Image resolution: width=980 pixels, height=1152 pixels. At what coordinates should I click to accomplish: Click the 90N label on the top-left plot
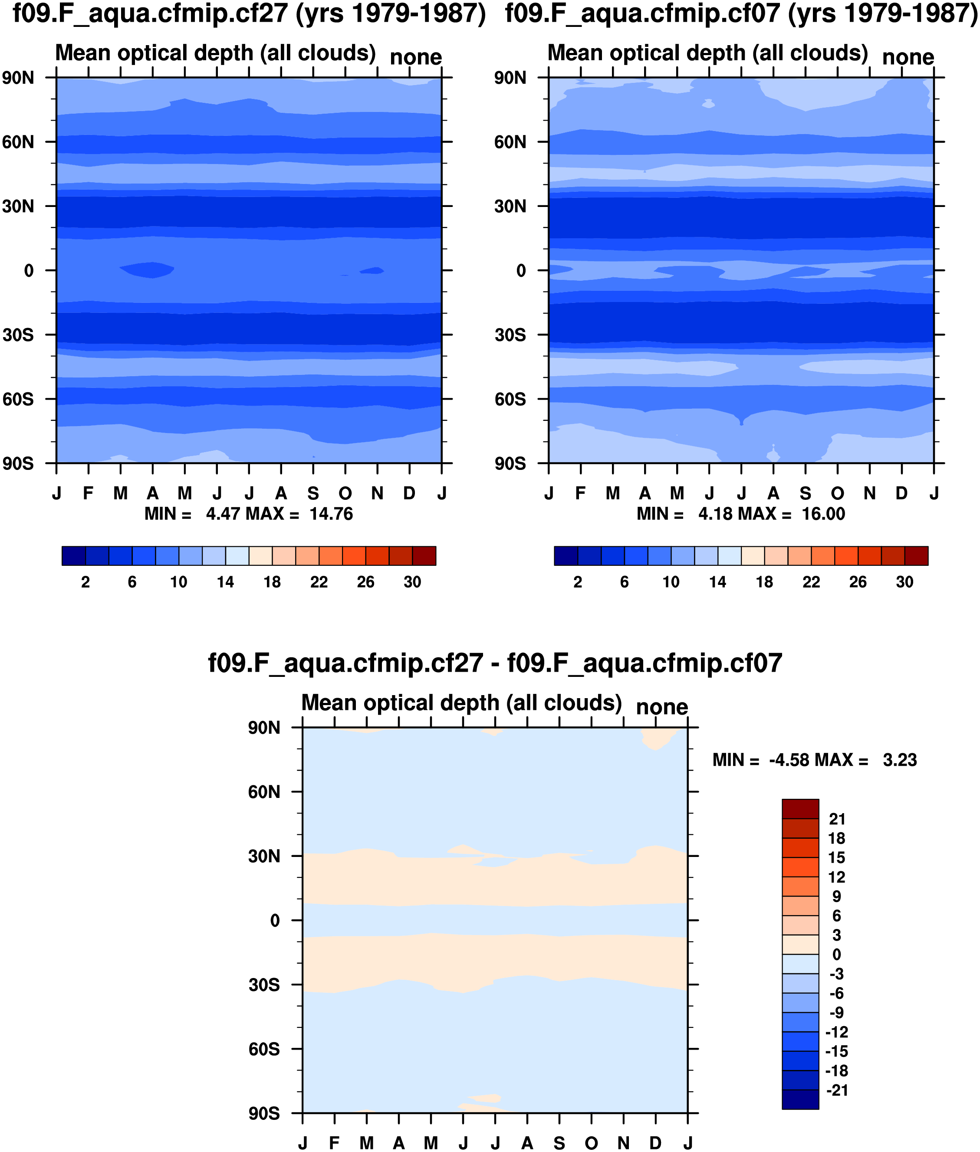[x=18, y=78]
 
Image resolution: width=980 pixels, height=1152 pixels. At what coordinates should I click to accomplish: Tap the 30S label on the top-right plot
[x=510, y=335]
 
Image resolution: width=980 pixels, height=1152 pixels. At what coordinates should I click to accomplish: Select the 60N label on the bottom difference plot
[x=264, y=791]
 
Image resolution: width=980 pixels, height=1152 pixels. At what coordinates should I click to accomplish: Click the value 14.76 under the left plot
[x=331, y=514]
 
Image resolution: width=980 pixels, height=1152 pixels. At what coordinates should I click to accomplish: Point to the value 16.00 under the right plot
[x=823, y=514]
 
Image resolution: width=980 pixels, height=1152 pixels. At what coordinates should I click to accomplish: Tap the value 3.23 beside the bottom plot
[x=899, y=760]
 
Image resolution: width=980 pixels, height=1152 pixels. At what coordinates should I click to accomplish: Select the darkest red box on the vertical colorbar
[x=800, y=809]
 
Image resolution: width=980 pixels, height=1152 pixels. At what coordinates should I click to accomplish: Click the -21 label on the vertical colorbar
[x=837, y=1090]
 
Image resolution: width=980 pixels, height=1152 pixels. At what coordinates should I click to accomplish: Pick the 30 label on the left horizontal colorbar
[x=412, y=582]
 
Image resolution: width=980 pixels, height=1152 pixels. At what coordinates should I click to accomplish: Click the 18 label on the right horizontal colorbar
[x=764, y=582]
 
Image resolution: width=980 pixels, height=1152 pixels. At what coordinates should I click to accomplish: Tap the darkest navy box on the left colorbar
[x=74, y=556]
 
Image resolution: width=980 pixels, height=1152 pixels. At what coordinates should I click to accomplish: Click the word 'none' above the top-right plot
[x=908, y=57]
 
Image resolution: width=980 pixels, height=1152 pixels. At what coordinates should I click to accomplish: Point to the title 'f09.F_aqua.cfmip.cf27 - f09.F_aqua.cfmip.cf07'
[x=495, y=663]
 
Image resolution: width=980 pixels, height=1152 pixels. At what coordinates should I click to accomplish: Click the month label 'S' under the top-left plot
[x=313, y=493]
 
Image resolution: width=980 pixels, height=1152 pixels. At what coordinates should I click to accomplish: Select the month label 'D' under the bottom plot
[x=655, y=1143]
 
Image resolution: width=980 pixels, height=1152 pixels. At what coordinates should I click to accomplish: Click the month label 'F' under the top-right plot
[x=581, y=493]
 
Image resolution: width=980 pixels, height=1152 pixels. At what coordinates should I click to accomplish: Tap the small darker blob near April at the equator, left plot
[x=147, y=270]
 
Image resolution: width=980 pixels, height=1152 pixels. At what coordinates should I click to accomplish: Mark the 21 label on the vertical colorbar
[x=837, y=819]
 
